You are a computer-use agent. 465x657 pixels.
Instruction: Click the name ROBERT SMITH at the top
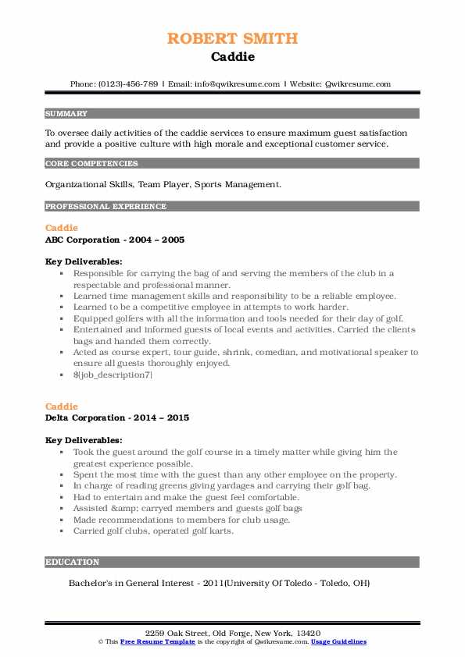232,38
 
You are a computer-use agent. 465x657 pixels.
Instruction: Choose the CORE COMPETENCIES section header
91,164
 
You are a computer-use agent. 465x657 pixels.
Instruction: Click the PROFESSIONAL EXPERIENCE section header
106,206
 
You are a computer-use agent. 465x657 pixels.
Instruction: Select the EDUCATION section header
72,562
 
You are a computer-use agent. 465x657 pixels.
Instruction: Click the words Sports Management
239,185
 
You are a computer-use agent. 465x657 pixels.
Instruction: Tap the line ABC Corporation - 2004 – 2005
115,240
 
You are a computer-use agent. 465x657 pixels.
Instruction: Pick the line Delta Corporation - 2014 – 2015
117,417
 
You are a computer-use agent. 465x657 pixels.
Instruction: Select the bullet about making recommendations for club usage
181,520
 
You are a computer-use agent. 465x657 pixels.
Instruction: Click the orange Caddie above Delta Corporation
62,407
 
